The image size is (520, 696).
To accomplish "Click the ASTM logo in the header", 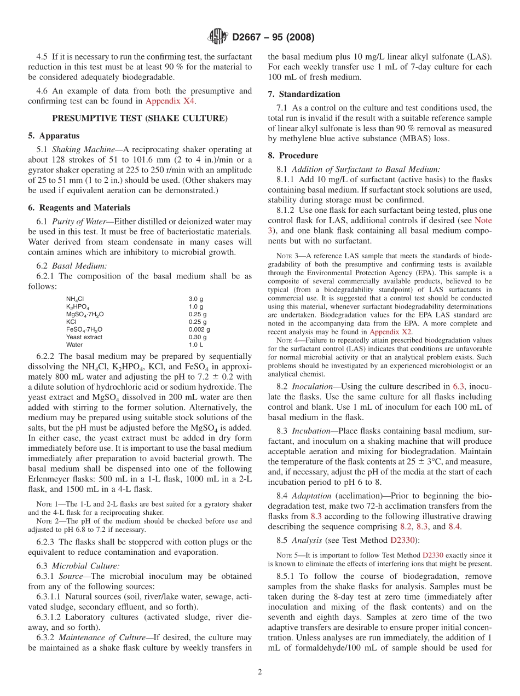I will coord(218,37).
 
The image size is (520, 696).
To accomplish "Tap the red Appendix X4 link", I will coord(170,101).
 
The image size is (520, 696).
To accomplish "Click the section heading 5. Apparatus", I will coord(54,135).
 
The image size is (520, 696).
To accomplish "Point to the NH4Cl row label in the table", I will coord(75,299).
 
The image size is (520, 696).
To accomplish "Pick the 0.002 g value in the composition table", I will coord(199,329).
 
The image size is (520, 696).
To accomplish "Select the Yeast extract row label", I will coord(84,337).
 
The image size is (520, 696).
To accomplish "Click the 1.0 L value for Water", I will coord(196,345).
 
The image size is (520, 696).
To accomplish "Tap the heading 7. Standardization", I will coord(304,94).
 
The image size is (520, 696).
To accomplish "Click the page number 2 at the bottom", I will coord(260,672).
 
